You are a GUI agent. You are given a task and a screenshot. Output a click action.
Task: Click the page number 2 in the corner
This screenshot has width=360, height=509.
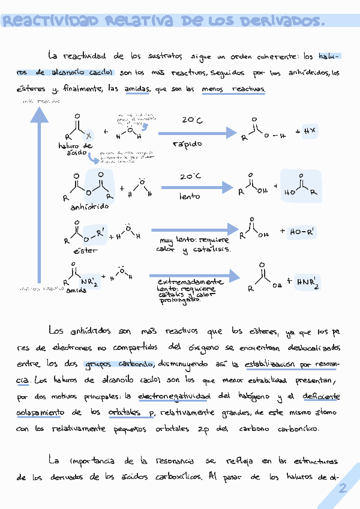pyautogui.click(x=343, y=489)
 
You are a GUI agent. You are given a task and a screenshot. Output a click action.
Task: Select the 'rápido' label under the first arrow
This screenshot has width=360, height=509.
pyautogui.click(x=187, y=144)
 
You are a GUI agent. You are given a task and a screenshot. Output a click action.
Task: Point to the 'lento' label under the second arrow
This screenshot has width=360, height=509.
pyautogui.click(x=189, y=196)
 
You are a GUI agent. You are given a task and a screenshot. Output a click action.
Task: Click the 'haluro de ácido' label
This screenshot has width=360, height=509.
pyautogui.click(x=76, y=149)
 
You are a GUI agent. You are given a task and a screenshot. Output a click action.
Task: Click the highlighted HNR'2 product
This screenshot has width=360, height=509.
pyautogui.click(x=308, y=282)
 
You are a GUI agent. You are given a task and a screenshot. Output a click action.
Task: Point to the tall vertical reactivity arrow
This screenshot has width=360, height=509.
pyautogui.click(x=40, y=198)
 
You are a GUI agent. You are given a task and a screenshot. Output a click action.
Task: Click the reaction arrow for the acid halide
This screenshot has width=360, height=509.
pyautogui.click(x=198, y=133)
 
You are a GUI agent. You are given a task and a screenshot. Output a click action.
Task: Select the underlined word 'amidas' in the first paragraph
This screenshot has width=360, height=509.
pyautogui.click(x=137, y=89)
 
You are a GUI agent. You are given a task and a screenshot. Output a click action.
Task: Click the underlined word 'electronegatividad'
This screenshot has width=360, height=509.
pyautogui.click(x=174, y=396)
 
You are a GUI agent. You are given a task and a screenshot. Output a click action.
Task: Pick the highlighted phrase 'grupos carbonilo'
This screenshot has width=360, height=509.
pyautogui.click(x=120, y=364)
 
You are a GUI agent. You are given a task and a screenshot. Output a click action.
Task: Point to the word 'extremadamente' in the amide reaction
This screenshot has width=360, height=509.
pyautogui.click(x=190, y=281)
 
